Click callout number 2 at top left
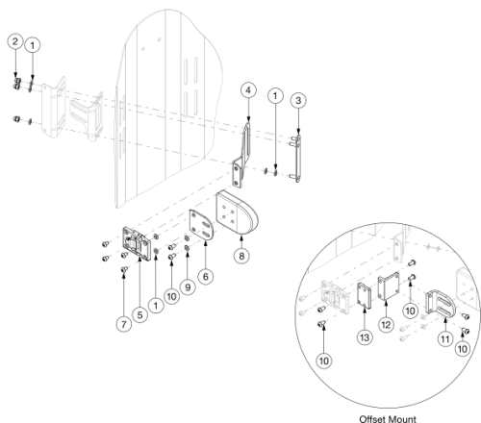click(x=13, y=41)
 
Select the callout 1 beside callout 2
click(x=33, y=44)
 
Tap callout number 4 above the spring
click(x=247, y=90)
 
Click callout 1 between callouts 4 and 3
click(x=276, y=95)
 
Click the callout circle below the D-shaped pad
click(x=240, y=256)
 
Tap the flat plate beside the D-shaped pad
click(x=202, y=228)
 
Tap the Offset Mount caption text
click(x=383, y=419)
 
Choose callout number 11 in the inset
click(x=444, y=339)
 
